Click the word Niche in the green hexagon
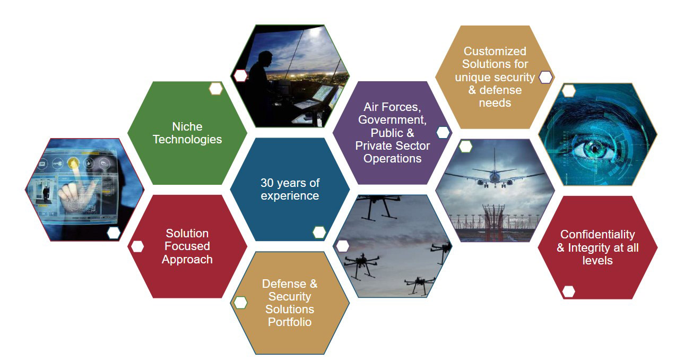click(x=187, y=126)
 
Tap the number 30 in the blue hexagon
click(x=267, y=183)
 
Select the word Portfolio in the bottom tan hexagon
click(x=290, y=322)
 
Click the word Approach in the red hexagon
click(x=187, y=260)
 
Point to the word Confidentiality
click(x=598, y=234)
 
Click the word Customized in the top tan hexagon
click(x=495, y=51)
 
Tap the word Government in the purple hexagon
click(x=392, y=120)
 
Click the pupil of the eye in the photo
click(x=594, y=149)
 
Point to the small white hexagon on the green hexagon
click(x=215, y=89)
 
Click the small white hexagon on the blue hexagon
click(x=319, y=232)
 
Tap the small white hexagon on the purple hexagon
click(x=443, y=133)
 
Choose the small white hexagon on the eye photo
click(x=568, y=91)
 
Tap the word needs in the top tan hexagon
click(x=495, y=103)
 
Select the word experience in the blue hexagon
click(x=290, y=196)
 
